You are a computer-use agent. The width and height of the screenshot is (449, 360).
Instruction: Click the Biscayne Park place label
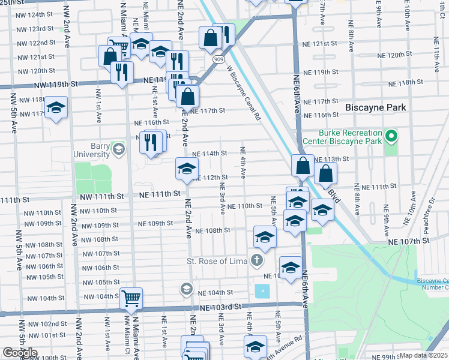point(376,107)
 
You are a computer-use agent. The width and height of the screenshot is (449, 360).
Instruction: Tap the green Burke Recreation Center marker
point(392,136)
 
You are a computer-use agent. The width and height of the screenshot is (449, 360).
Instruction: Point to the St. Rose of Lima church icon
point(256,260)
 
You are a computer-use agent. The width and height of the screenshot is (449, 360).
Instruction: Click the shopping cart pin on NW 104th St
point(131,298)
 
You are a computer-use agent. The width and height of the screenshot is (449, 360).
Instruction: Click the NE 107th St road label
point(410,241)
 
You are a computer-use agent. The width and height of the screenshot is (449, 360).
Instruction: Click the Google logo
point(20,353)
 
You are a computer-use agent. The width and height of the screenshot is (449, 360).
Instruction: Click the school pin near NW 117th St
point(56,108)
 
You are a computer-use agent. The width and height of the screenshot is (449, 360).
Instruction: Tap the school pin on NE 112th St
point(187,169)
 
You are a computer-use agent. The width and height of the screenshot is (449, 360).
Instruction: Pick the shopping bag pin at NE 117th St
point(188,95)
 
